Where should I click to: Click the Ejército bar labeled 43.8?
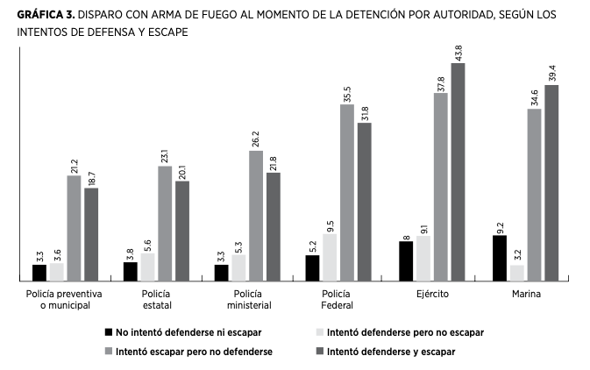[x=458, y=172]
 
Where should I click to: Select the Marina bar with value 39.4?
[x=551, y=182]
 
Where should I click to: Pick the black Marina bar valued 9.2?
[x=500, y=258]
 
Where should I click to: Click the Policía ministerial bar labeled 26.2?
[x=255, y=216]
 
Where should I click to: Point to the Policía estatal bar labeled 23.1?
[x=165, y=223]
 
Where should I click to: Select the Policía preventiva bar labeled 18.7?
[x=91, y=234]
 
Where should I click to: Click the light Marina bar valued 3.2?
[x=517, y=273]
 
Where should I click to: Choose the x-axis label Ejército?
[x=432, y=295]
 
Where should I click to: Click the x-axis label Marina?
[x=526, y=295]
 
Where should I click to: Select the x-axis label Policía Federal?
[x=338, y=300]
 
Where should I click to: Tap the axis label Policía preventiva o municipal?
[x=65, y=300]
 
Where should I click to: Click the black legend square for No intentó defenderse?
[x=109, y=333]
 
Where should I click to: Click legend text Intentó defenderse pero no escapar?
[x=404, y=333]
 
